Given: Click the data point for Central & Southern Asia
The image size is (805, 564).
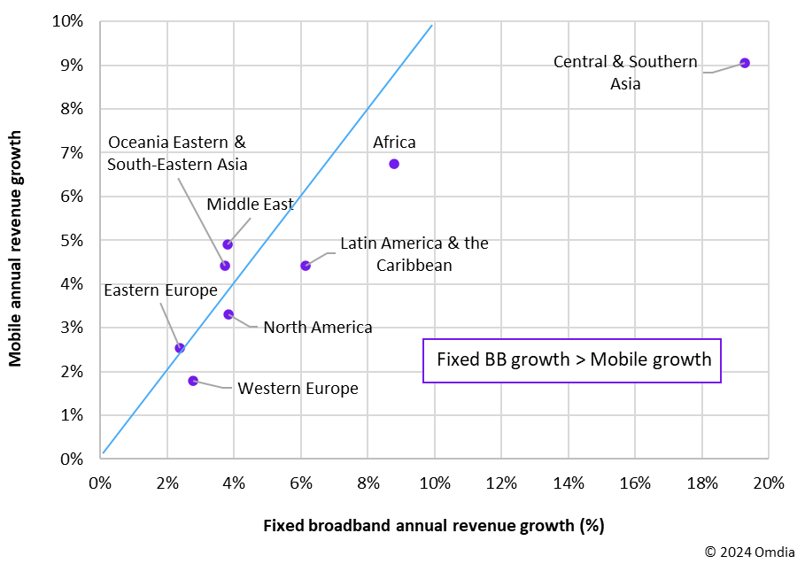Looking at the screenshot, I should pos(745,63).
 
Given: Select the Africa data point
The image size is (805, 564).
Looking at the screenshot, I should pos(394,164).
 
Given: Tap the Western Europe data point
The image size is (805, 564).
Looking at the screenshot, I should pos(193,381).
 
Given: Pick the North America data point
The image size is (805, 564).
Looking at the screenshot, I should pos(228,314).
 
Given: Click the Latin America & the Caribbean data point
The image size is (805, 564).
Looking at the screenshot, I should pos(306,266).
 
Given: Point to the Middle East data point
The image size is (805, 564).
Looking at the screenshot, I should pos(228,244).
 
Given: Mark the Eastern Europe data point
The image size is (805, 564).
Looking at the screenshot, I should pos(180,348).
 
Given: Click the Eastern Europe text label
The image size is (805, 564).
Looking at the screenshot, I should pos(160,290).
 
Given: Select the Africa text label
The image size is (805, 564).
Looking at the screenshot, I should pos(394,143).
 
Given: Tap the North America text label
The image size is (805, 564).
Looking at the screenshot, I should pos(318,328).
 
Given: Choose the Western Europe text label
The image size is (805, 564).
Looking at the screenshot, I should pos(298,389).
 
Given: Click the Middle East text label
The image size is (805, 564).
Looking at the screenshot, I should pos(250,205).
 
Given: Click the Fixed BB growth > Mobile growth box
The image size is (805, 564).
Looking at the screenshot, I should pos(573,359).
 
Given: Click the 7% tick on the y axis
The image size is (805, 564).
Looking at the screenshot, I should pos(72,152).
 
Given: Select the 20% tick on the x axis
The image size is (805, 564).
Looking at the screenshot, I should pos(768,483).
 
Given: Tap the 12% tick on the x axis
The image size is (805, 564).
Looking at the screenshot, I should pos(501,483).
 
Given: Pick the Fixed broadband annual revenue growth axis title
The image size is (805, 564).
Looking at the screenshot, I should pos(433,525).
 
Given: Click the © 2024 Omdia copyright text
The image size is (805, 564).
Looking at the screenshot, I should pos(750,552).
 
